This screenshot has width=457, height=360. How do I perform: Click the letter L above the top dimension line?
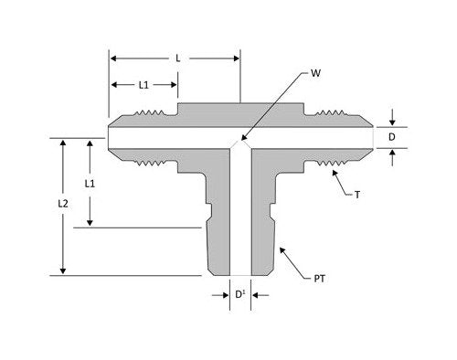[176, 58]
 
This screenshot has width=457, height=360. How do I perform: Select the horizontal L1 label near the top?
[143, 85]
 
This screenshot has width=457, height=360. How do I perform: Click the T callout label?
[356, 195]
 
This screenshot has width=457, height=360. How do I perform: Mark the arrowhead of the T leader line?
[321, 164]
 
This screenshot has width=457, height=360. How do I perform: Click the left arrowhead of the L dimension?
[112, 58]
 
